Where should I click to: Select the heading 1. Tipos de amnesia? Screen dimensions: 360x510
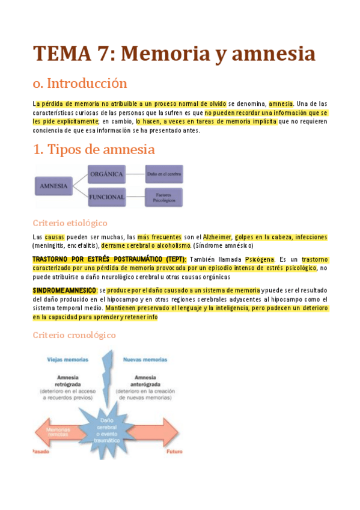tap(94, 149)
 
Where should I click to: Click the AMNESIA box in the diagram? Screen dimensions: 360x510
tap(55, 186)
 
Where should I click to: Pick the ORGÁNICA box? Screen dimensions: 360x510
tap(107, 175)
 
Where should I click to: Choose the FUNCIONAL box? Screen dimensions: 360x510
tap(107, 197)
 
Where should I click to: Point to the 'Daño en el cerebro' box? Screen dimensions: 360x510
tap(163, 175)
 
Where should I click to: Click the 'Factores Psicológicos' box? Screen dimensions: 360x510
tap(163, 197)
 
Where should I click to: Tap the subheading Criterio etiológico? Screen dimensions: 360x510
tap(70, 223)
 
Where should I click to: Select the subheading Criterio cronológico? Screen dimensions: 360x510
tap(74, 335)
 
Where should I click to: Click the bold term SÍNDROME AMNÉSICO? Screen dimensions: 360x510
tap(65, 290)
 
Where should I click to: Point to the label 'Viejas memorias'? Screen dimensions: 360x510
tap(67, 360)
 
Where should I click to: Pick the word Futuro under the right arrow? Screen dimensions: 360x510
tap(175, 450)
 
